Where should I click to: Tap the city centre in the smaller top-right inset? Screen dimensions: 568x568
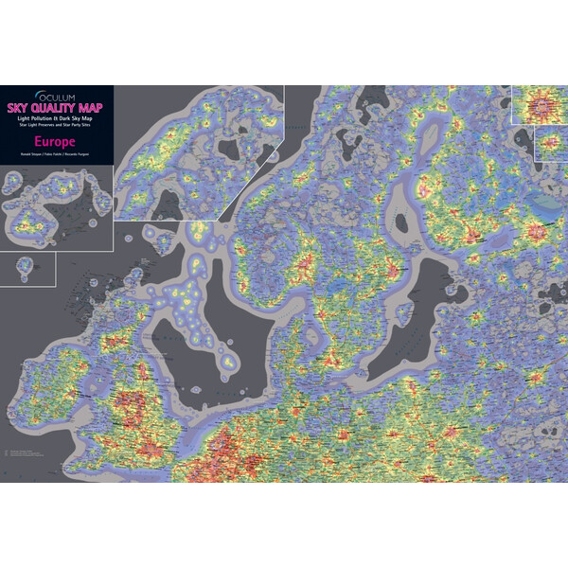[552, 144]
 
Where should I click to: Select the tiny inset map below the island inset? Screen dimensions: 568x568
[27, 268]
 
